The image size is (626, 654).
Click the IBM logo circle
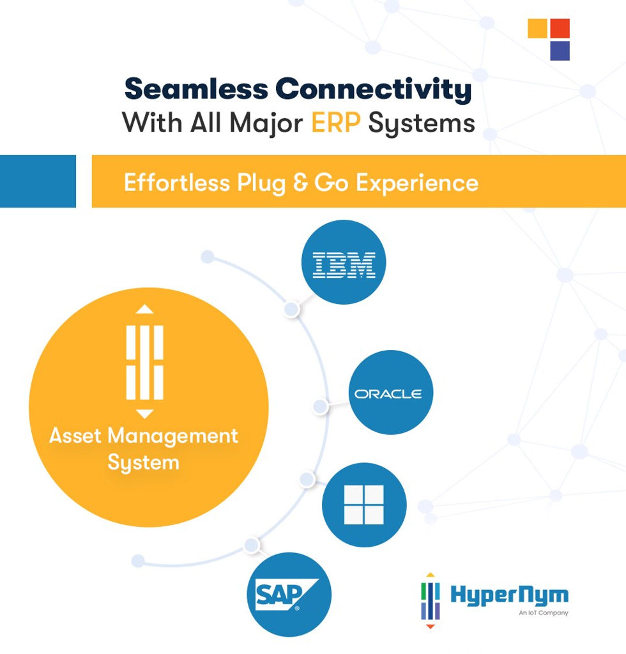pos(344,262)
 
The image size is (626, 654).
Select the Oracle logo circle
pos(391,393)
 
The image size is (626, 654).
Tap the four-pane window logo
pos(364,505)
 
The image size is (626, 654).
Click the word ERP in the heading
pos(336,123)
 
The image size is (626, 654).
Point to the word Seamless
pos(196,89)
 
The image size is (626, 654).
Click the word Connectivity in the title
pos(373,89)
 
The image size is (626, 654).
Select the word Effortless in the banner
pos(177,183)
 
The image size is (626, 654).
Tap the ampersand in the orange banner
pos(300,183)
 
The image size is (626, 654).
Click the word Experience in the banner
pos(417,183)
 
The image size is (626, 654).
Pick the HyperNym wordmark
pos(509,595)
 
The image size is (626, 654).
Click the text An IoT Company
pos(544,612)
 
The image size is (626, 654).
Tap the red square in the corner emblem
pos(560,28)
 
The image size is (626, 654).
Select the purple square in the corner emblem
pos(560,51)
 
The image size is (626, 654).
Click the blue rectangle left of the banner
pos(38,181)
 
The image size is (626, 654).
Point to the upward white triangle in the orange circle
pos(145,309)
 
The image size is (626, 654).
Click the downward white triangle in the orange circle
pos(145,414)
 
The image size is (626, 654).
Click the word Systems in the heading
pos(422,124)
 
